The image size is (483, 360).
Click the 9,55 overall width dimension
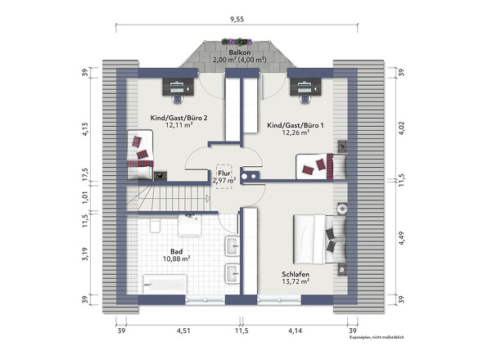(237, 20)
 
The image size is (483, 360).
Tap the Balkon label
(239, 52)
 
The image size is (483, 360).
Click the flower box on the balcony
(237, 42)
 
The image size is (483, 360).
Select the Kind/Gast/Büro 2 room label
(178, 118)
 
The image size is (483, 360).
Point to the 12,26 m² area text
(296, 133)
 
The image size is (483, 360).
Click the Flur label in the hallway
(224, 173)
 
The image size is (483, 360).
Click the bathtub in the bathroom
(165, 284)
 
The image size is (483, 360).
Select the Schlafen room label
(296, 274)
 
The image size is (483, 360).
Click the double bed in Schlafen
(319, 239)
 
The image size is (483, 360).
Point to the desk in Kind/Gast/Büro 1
(305, 87)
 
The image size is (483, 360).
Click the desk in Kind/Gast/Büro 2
(178, 87)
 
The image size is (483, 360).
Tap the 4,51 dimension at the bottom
(183, 331)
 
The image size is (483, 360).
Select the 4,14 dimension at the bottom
(295, 331)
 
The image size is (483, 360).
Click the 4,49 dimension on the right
(401, 238)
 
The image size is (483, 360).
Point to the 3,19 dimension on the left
(85, 254)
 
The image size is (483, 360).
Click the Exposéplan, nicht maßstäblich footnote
(377, 338)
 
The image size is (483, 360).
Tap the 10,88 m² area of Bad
(176, 259)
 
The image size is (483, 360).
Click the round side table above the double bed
(342, 209)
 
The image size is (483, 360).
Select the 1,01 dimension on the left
(85, 197)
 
